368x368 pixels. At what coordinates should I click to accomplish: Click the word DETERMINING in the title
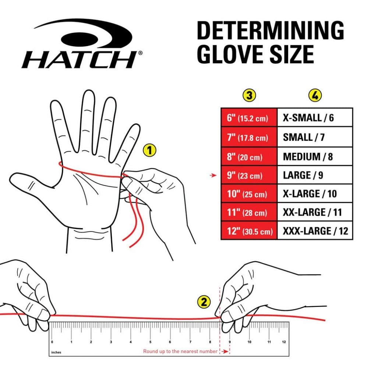coord(270,31)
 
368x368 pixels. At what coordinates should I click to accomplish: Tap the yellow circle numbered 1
coord(149,150)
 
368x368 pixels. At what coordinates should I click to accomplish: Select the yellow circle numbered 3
coord(250,95)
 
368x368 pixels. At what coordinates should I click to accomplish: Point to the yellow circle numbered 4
coord(315,95)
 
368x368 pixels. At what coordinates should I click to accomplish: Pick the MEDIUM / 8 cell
coord(315,156)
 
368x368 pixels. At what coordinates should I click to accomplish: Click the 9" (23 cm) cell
coord(249,175)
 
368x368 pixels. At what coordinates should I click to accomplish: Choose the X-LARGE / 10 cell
coord(315,194)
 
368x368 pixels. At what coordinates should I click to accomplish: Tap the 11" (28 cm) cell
coord(249,212)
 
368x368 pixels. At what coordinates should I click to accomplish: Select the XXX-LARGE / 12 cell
coord(315,231)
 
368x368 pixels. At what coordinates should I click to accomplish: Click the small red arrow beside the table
coord(213,176)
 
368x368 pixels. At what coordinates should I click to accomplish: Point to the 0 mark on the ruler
coord(52,341)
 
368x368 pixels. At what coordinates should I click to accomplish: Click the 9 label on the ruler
coord(230,342)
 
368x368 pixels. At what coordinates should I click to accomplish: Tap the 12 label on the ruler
coord(283,342)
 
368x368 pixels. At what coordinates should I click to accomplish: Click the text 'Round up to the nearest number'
coord(180,351)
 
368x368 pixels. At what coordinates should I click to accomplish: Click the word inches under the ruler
coord(56,353)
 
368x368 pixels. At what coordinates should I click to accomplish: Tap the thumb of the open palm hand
coord(28,180)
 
